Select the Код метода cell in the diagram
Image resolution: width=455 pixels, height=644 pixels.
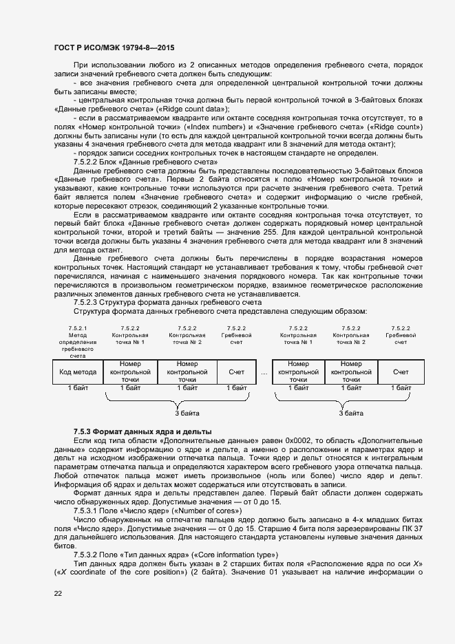78,372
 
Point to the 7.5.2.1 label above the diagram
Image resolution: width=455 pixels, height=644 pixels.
78,328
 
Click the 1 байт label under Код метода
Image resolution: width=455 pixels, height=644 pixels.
78,388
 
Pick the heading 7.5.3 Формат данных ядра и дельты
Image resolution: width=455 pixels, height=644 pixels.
142,431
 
